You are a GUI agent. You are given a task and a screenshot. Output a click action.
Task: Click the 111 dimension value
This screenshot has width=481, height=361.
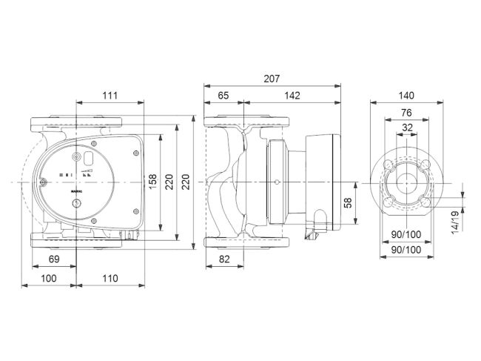pos(110,96)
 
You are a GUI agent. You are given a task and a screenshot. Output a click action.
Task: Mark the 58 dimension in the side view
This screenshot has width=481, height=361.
pos(349,202)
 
